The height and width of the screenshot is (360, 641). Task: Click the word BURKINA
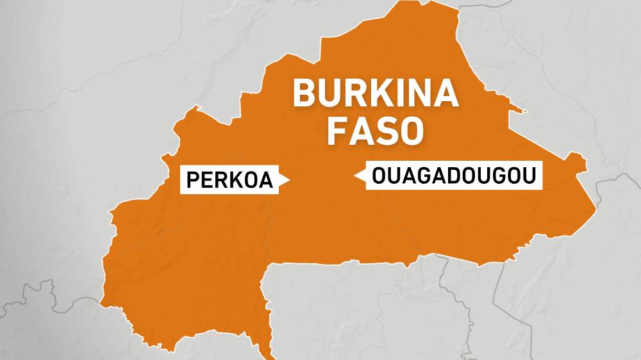tap(376, 94)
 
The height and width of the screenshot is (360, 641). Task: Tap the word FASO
tap(376, 130)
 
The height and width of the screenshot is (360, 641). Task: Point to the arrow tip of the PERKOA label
tap(289, 181)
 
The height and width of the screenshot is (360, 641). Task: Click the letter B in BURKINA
tap(305, 94)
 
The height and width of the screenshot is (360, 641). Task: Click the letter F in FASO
tap(338, 130)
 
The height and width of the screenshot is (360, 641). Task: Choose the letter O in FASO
tap(413, 130)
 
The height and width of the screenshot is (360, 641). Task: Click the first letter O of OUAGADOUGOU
tap(379, 176)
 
